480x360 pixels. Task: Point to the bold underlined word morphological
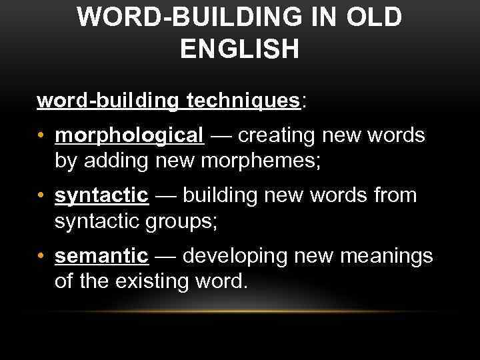click(130, 136)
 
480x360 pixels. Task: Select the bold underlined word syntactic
click(101, 196)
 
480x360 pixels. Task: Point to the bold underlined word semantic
click(102, 255)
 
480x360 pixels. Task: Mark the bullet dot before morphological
click(41, 137)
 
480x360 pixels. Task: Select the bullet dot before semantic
click(41, 256)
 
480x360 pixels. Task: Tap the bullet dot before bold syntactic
click(41, 197)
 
